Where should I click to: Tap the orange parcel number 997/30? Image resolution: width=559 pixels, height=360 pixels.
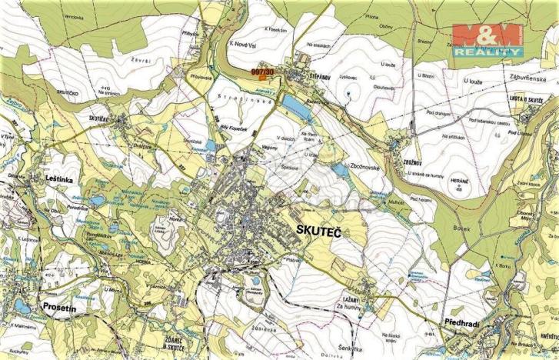pyautogui.click(x=263, y=72)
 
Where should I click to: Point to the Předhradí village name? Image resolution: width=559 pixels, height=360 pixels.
pyautogui.click(x=461, y=324)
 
